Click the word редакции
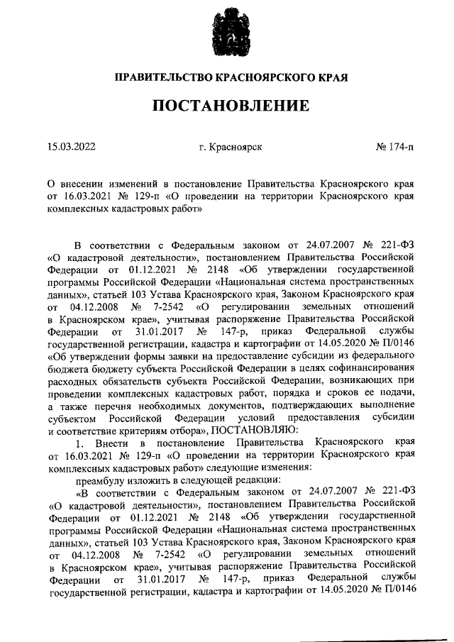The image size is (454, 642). click(241, 479)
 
